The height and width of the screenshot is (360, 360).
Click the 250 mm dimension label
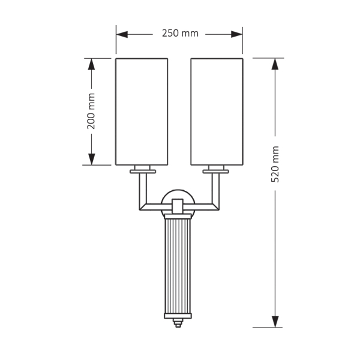click(x=180, y=33)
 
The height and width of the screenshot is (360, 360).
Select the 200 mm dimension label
click(x=91, y=111)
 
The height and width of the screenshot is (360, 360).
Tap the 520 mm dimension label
click(x=275, y=164)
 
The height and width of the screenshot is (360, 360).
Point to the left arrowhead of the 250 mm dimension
click(x=122, y=34)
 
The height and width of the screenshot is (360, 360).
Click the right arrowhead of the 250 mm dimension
click(x=237, y=34)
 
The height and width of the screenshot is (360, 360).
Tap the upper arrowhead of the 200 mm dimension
click(x=91, y=64)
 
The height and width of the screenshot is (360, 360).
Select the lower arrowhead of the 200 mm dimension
click(x=91, y=159)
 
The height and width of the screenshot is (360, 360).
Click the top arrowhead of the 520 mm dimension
click(x=275, y=64)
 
